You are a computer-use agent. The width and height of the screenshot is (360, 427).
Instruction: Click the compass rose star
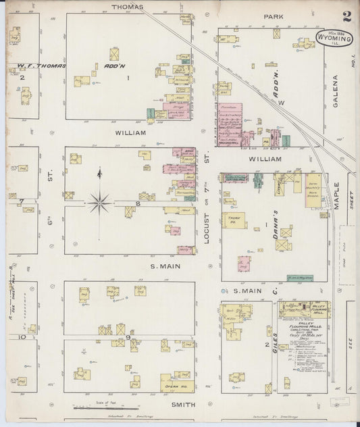(x=99, y=199)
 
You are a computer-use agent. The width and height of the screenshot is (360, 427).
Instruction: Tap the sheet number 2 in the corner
(x=346, y=17)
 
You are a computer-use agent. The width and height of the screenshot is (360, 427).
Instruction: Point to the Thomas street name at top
(x=128, y=7)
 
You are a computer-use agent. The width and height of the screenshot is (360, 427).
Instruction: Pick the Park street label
(x=274, y=16)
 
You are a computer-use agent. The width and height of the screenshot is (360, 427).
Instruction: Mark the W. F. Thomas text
(x=37, y=66)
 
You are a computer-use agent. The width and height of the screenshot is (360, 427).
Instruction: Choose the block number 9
(x=127, y=336)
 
